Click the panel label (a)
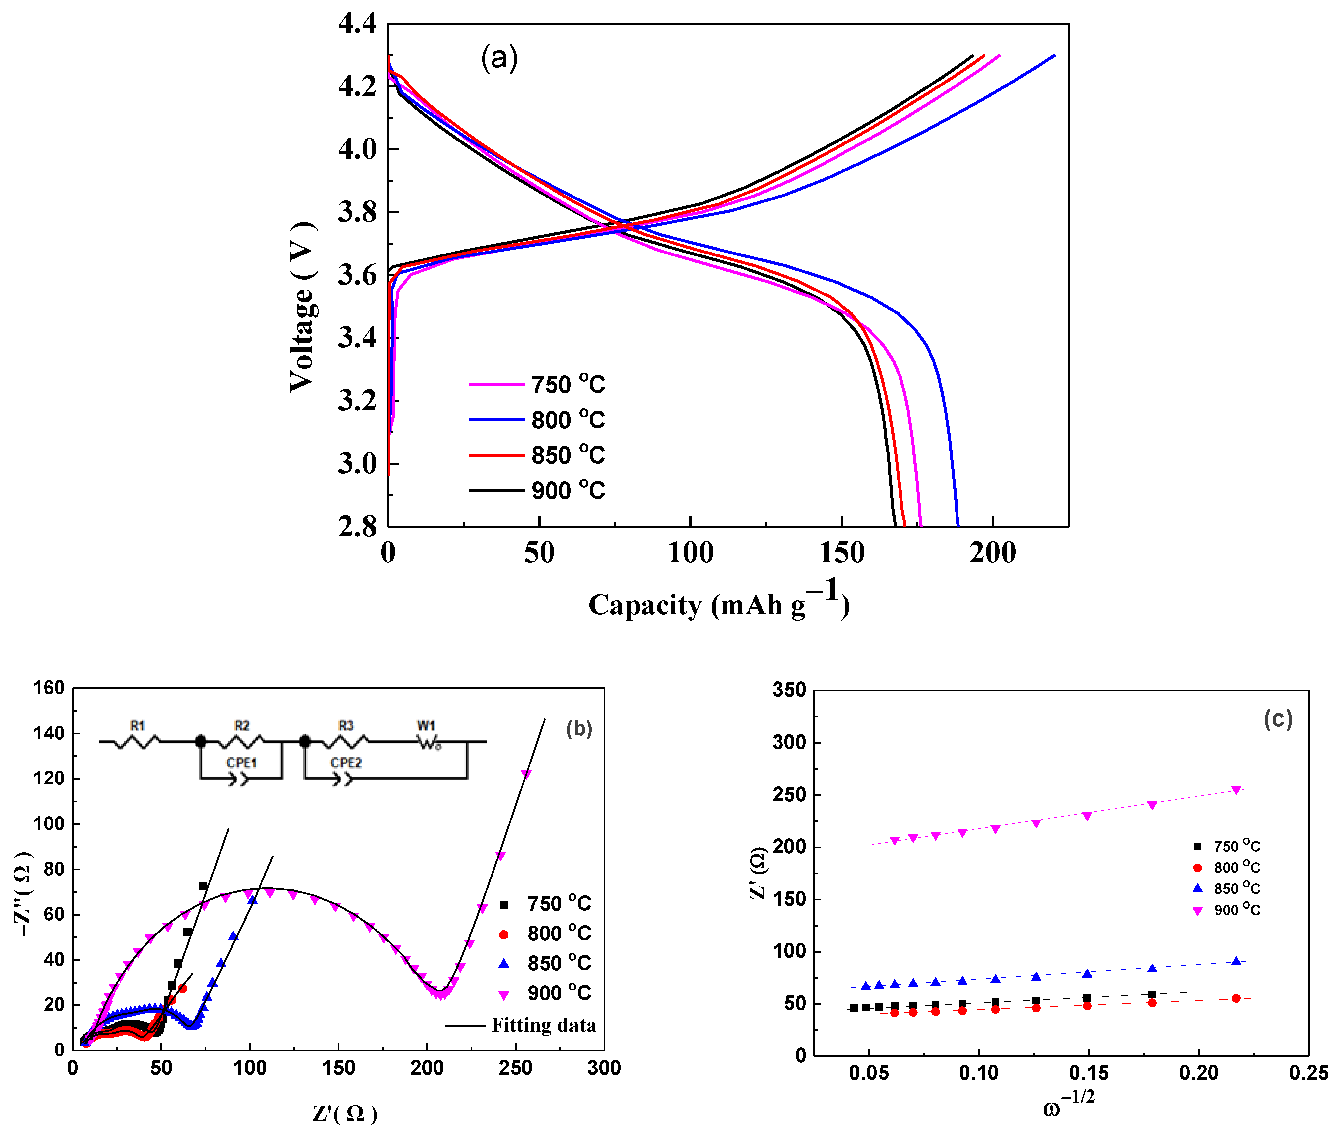(x=499, y=58)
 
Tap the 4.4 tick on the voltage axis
(x=357, y=24)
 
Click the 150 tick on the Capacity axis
(x=841, y=553)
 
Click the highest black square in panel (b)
(x=203, y=886)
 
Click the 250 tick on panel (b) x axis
(x=515, y=1068)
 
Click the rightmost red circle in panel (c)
(x=1236, y=998)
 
